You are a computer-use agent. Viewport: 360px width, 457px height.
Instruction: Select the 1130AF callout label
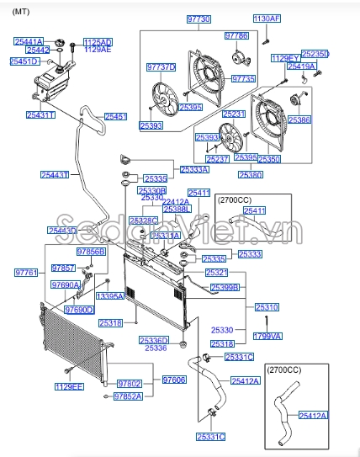(267, 18)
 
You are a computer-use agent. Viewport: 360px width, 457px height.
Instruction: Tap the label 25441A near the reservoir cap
(29, 40)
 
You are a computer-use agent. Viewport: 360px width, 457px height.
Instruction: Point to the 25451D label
(24, 61)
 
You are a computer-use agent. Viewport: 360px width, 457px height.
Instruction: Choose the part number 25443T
(55, 175)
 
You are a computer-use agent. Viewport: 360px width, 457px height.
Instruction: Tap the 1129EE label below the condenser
(70, 387)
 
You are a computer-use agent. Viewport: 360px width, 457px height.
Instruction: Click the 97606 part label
(173, 380)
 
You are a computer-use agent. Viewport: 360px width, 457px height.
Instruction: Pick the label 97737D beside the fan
(161, 66)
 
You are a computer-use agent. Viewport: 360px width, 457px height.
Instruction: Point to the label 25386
(299, 120)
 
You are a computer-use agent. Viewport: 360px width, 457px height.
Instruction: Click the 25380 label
(250, 175)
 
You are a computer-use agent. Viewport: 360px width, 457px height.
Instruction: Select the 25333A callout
(194, 169)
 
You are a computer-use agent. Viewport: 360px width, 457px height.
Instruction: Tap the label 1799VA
(267, 336)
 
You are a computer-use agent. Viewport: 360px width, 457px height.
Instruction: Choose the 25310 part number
(267, 308)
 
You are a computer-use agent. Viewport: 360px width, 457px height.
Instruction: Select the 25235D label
(315, 54)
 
